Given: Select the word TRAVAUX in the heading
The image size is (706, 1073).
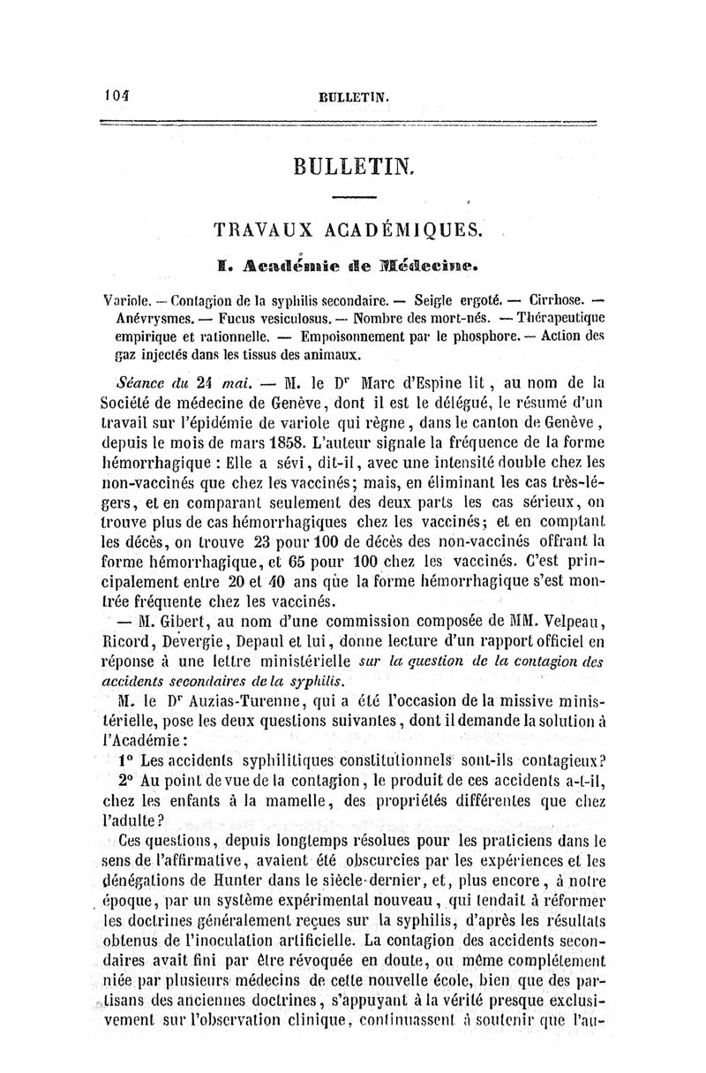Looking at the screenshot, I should [258, 230].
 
